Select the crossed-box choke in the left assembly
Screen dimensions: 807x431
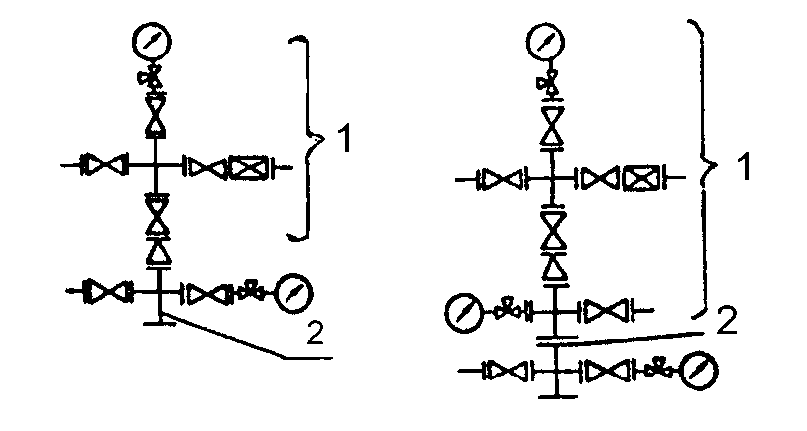pos(244,167)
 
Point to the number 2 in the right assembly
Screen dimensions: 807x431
pos(726,322)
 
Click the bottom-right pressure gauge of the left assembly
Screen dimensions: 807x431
pos(293,292)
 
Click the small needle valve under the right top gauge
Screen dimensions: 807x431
pos(546,82)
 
